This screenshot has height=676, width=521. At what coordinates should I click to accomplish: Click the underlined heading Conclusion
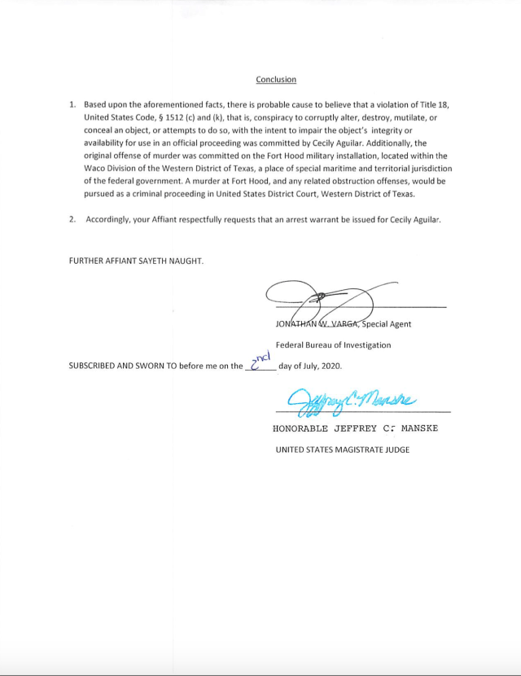276,80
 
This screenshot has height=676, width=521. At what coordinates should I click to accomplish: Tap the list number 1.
72,105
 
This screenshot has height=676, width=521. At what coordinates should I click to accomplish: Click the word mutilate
405,118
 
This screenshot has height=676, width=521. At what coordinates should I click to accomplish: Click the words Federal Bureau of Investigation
333,345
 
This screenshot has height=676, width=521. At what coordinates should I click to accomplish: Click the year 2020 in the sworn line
331,366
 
